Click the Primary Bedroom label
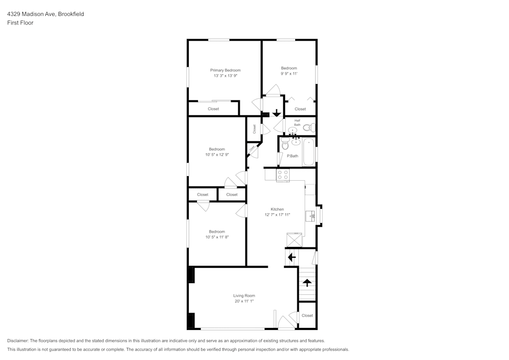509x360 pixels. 225,70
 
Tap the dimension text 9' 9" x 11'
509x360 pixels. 289,73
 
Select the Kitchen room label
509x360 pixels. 277,209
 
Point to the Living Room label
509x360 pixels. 244,295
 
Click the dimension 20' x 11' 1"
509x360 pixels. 244,301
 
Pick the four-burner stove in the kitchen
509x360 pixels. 282,175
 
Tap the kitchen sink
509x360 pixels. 312,216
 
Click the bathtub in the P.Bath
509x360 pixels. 308,152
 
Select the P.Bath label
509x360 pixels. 292,156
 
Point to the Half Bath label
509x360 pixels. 297,122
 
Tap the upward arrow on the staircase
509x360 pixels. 307,282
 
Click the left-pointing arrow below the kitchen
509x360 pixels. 292,258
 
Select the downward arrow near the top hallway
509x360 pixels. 276,113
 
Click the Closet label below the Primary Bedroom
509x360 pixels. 213,109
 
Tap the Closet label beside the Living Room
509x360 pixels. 307,316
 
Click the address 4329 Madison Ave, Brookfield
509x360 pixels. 45,14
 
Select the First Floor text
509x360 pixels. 20,23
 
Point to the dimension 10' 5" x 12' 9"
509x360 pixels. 217,154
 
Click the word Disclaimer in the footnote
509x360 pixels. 18,341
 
